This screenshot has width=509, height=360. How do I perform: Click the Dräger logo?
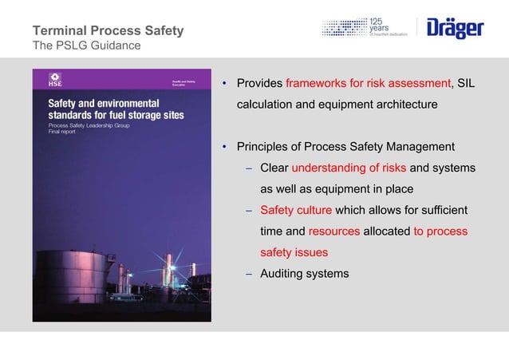coord(455,29)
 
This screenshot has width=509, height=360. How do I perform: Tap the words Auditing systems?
coord(304,274)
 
